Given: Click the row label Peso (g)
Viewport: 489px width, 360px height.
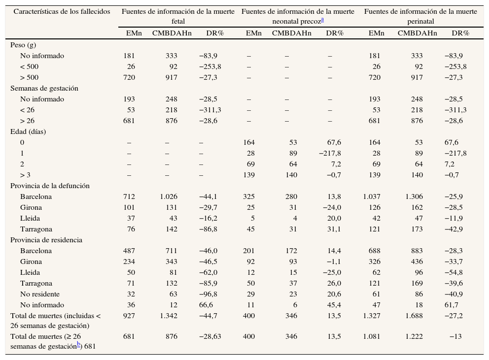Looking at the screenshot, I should pyautogui.click(x=23, y=45).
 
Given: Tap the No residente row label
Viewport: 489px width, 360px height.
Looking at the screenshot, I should pyautogui.click(x=42, y=294).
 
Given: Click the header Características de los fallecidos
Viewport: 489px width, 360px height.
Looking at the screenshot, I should pyautogui.click(x=62, y=11).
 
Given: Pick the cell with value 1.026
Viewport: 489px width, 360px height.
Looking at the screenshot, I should pyautogui.click(x=169, y=196).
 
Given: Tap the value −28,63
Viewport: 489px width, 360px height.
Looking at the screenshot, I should pyautogui.click(x=210, y=337).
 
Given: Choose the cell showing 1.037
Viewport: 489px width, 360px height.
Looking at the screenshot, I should pyautogui.click(x=372, y=196).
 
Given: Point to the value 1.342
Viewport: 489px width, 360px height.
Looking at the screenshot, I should pyautogui.click(x=169, y=316).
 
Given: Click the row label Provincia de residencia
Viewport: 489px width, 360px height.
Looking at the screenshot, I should pyautogui.click(x=46, y=240).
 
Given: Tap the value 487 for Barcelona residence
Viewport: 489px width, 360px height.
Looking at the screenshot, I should pyautogui.click(x=129, y=251).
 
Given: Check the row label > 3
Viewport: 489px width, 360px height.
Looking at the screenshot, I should pyautogui.click(x=26, y=175).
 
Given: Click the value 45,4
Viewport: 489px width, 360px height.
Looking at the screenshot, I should pyautogui.click(x=334, y=305).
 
